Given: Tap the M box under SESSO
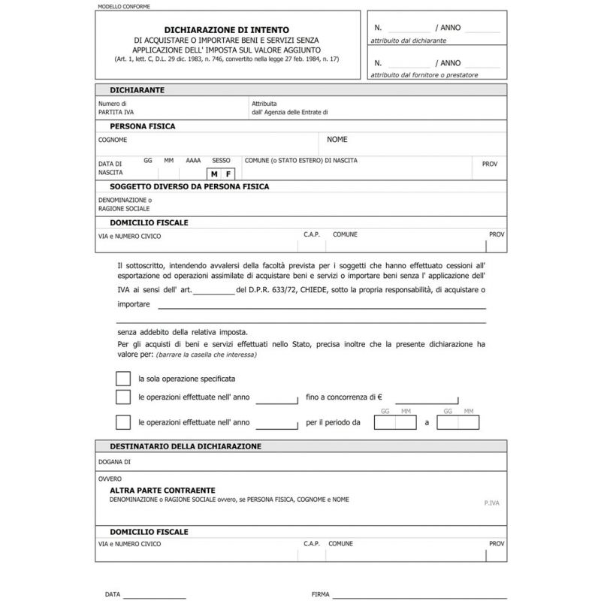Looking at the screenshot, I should (x=213, y=174).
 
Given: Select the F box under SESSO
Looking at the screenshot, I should (x=228, y=174).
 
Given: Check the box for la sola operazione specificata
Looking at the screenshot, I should (x=123, y=379).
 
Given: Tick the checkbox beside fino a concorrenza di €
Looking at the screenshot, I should (x=123, y=397).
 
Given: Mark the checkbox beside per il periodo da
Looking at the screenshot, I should (x=123, y=422).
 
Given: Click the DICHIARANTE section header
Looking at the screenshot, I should (x=137, y=90).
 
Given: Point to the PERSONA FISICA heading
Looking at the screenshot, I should (x=143, y=126).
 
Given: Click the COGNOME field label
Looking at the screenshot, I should (x=113, y=140).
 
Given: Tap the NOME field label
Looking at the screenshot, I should (x=337, y=140).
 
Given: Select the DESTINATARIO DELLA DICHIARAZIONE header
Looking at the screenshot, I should (x=186, y=446).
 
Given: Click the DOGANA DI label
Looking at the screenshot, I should (x=114, y=461).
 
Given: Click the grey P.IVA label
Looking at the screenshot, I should (x=493, y=500).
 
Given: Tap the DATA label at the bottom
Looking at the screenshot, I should (x=113, y=594).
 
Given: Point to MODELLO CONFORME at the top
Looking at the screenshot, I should (x=124, y=6).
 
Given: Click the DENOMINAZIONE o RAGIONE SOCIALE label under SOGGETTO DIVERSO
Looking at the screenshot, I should (x=125, y=204).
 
